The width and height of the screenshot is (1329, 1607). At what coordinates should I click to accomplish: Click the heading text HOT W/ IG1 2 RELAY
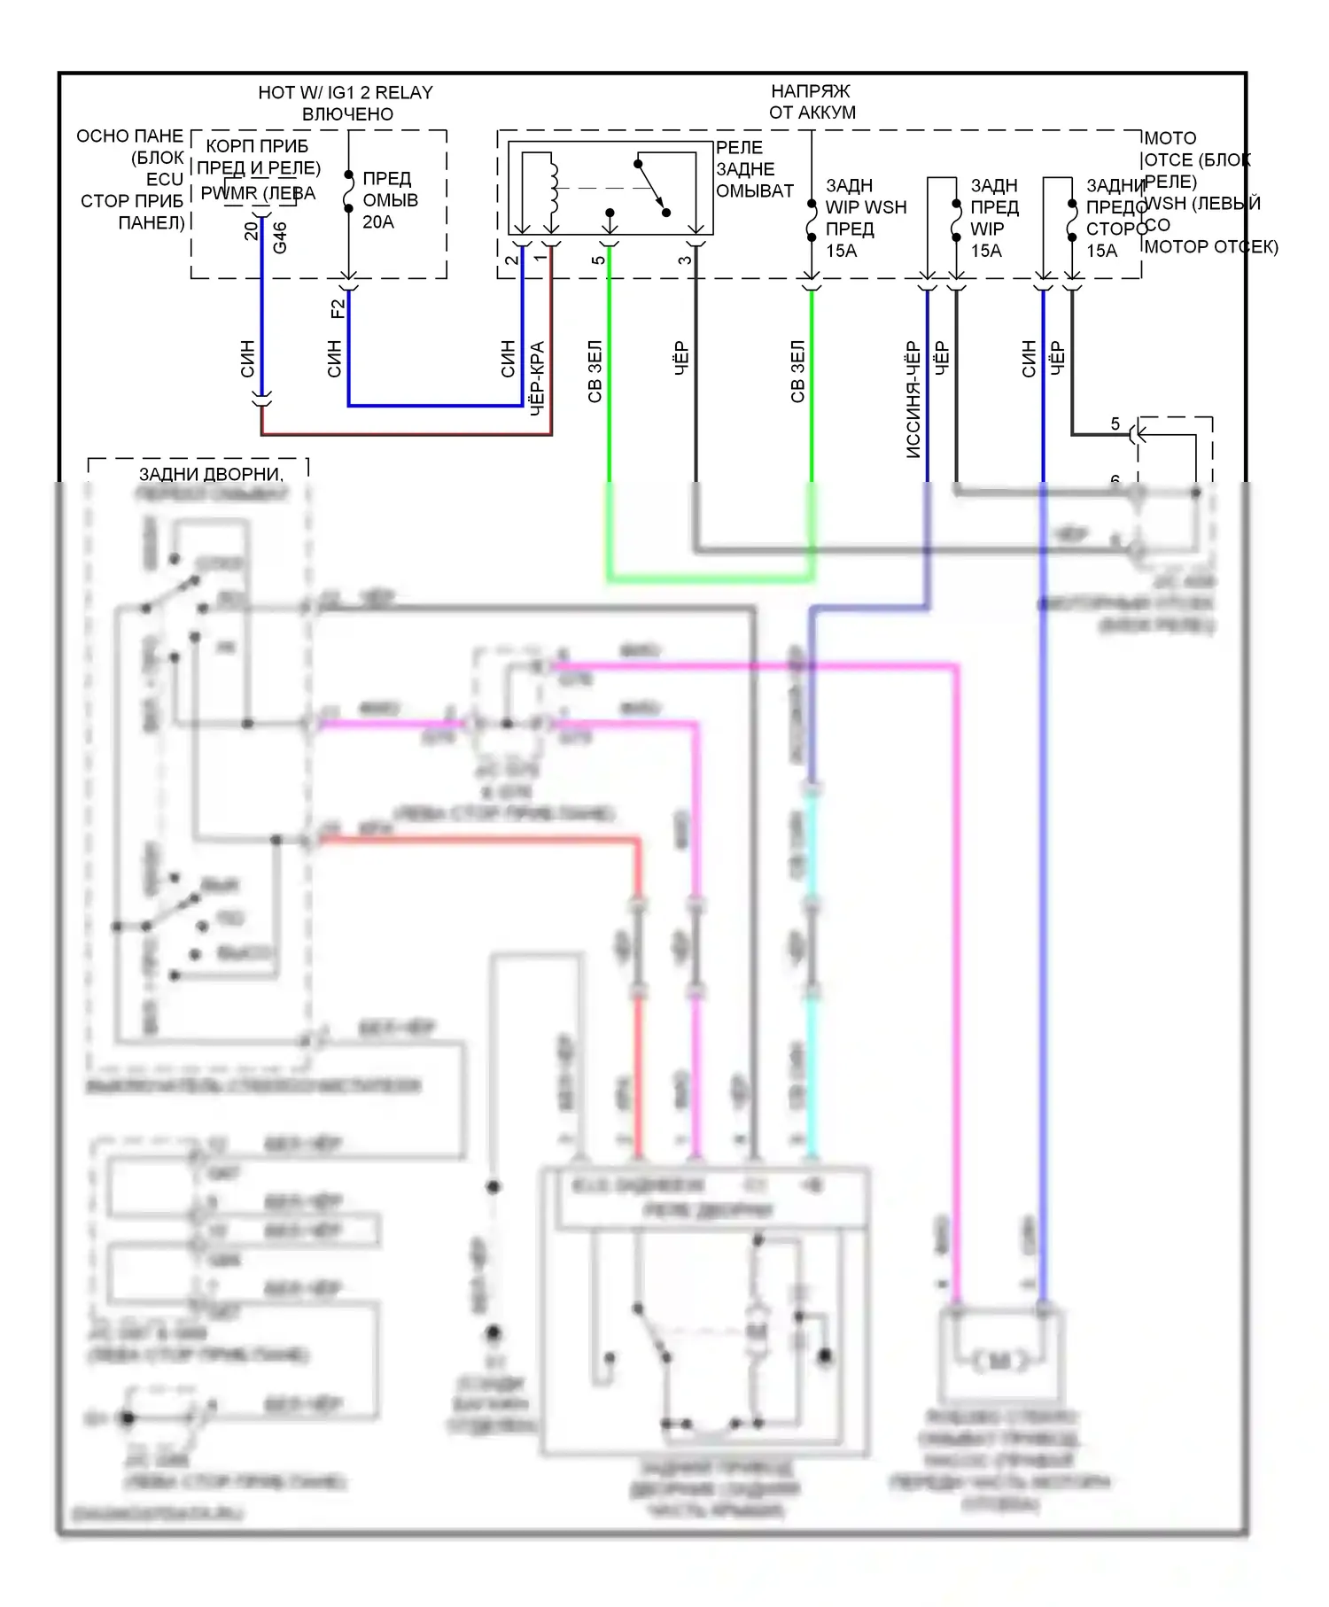click(x=346, y=92)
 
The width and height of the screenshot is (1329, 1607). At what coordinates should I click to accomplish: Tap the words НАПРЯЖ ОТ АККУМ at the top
click(x=812, y=102)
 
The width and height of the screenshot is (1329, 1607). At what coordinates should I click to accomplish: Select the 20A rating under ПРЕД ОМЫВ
click(x=378, y=222)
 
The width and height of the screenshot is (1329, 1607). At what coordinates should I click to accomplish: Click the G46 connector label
click(x=280, y=237)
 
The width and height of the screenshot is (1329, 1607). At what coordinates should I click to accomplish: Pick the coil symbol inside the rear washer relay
click(x=555, y=188)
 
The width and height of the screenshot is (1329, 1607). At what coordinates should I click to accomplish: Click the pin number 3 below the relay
click(x=685, y=260)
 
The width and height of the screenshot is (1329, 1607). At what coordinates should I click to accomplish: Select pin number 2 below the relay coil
click(x=511, y=260)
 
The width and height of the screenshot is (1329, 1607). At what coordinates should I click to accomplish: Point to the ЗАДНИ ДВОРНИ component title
click(x=211, y=475)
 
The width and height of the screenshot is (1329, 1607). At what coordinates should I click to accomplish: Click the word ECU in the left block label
click(x=164, y=179)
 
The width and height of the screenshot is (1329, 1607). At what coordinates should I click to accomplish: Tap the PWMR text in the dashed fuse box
click(x=229, y=193)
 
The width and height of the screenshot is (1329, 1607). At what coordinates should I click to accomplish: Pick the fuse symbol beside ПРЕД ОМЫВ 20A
click(x=349, y=194)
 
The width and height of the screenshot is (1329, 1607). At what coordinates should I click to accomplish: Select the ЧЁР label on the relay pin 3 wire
click(x=681, y=359)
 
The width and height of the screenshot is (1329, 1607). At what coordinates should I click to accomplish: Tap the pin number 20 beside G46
click(x=252, y=230)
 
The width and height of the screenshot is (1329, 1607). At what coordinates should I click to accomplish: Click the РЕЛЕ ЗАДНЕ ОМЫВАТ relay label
click(x=754, y=169)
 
